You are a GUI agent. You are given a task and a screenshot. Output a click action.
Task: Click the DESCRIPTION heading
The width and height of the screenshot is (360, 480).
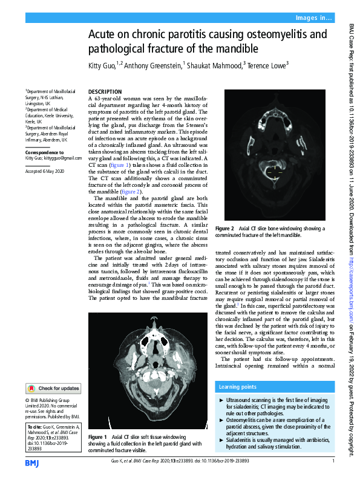tap(105, 91)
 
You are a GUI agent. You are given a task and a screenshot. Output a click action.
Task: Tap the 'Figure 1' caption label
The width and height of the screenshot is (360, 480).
tap(97, 436)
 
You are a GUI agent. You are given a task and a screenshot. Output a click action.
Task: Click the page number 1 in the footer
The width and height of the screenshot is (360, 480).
tap(333, 462)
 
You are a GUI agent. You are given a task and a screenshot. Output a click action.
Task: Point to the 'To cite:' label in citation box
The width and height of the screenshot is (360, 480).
tap(36, 427)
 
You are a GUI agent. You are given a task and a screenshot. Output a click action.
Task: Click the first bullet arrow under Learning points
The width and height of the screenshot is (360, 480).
tap(220, 400)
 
